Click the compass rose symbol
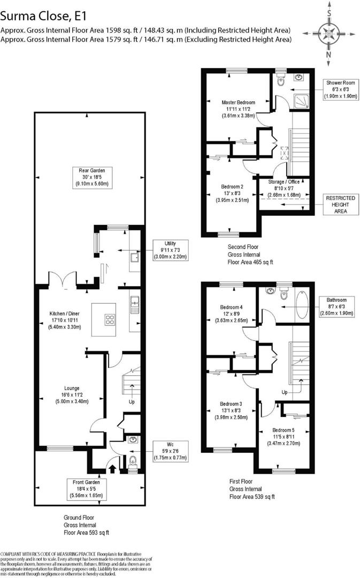pos(328,31)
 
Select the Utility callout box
pos(170,250)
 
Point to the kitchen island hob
pos(111,321)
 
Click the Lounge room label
pos(72,395)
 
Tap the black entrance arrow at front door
pos(112,469)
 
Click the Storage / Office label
pos(284,188)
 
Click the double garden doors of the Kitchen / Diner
pos(60,279)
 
